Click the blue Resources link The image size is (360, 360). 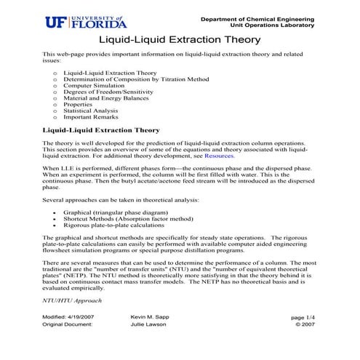coord(219,156)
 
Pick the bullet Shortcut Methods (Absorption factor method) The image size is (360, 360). coord(127,219)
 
